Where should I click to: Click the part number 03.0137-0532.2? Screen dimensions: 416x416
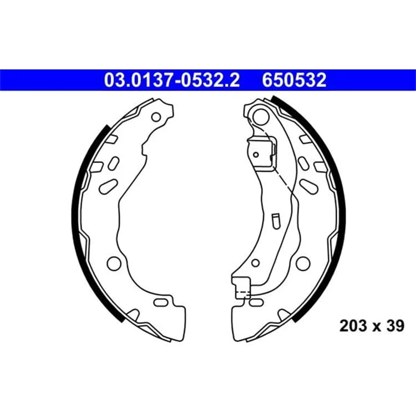(x=171, y=80)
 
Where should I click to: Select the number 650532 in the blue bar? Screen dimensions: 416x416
(x=294, y=80)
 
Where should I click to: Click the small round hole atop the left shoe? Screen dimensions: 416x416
(x=156, y=117)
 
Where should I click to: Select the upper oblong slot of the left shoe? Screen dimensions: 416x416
(x=114, y=163)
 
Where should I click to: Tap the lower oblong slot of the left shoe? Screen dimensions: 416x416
(x=108, y=186)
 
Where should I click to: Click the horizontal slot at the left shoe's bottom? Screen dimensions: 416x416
(x=161, y=302)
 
